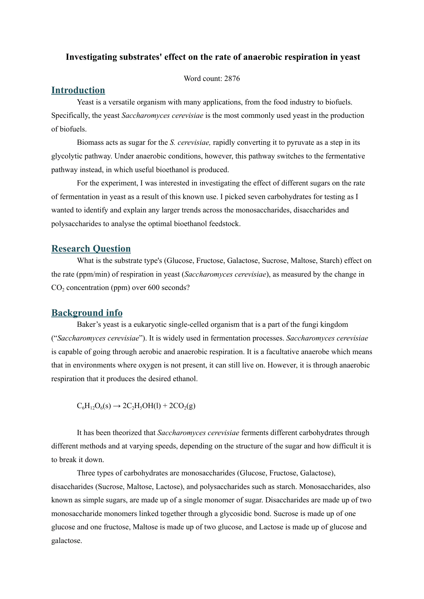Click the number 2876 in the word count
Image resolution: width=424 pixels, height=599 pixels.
pyautogui.click(x=232, y=79)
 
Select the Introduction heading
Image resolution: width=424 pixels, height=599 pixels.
pyautogui.click(x=78, y=90)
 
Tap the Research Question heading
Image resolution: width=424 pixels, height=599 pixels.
pyautogui.click(x=91, y=249)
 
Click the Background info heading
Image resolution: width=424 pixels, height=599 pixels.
pyautogui.click(x=87, y=313)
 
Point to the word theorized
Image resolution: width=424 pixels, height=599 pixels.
pyautogui.click(x=140, y=433)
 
